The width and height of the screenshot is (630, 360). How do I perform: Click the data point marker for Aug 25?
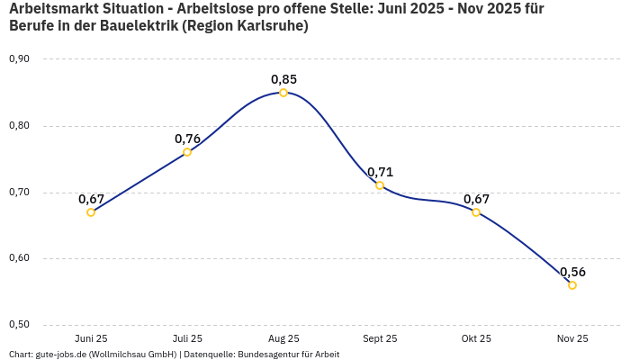[283, 93]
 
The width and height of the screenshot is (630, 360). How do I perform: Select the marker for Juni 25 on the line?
[91, 212]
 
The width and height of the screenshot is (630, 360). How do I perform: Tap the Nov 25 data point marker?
[572, 285]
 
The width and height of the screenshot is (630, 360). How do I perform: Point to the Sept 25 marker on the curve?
[380, 185]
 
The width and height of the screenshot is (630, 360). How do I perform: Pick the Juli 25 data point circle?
[187, 152]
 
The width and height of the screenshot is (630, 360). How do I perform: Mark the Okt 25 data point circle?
[476, 212]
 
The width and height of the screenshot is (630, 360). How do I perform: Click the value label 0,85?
[283, 79]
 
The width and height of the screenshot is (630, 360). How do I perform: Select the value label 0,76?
[187, 139]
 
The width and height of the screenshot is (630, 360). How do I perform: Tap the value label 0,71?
[380, 172]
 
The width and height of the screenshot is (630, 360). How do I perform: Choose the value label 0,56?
[572, 272]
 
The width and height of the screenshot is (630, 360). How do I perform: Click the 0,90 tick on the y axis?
[19, 59]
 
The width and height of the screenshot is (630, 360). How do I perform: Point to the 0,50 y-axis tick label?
[19, 325]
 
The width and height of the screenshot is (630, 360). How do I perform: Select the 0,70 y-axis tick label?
[19, 193]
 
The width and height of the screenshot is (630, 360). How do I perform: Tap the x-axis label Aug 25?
[283, 339]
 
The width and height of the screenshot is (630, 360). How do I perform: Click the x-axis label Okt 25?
[476, 339]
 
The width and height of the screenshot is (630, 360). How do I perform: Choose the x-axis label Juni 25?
[91, 339]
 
